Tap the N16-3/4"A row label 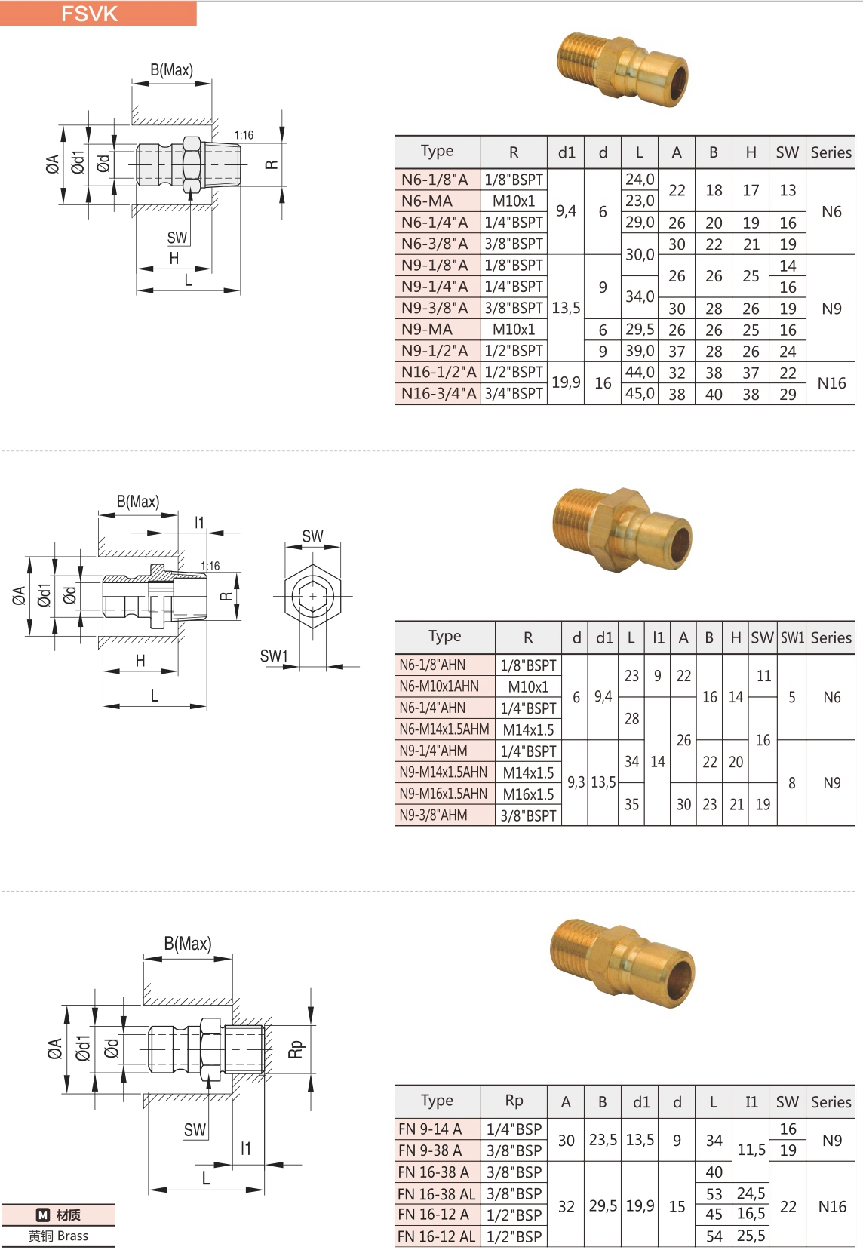[x=438, y=393]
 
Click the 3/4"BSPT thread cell [x=514, y=393]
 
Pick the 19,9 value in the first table [x=566, y=382]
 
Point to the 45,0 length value [x=640, y=393]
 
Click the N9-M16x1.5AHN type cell [x=444, y=794]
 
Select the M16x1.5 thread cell [x=528, y=794]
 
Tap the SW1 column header [x=792, y=637]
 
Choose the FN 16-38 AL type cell [x=437, y=1193]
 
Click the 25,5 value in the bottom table [x=751, y=1236]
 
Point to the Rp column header [x=514, y=1101]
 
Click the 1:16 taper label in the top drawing [x=244, y=135]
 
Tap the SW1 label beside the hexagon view [x=274, y=656]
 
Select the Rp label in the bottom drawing [x=296, y=1049]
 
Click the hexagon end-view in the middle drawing [x=312, y=597]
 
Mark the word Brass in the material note [x=72, y=1236]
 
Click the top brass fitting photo [x=623, y=69]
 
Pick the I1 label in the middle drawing [x=199, y=522]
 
